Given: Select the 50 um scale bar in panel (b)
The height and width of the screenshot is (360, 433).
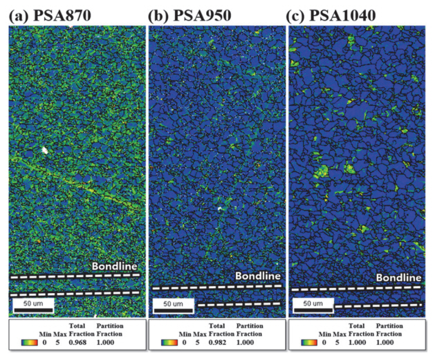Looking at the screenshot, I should point(172,303).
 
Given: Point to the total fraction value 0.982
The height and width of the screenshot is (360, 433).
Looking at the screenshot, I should point(219,341).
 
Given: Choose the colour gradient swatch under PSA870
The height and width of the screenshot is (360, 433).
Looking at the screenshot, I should point(28,341).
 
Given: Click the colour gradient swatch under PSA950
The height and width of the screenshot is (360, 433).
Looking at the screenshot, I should point(168,341).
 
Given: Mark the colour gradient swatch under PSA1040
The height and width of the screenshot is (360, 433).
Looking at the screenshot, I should point(309,341).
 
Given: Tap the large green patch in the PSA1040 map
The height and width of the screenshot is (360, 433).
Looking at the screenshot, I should point(321,171).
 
